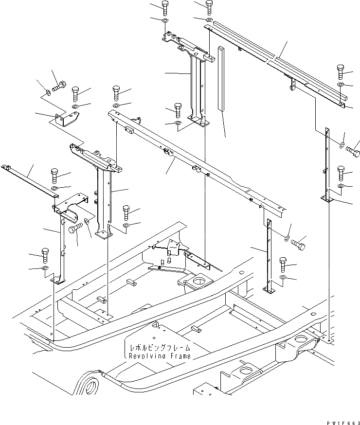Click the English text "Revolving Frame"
pos(160,356)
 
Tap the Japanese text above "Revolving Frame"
pos(160,348)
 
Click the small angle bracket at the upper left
pos(67,121)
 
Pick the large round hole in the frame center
pos(199,281)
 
